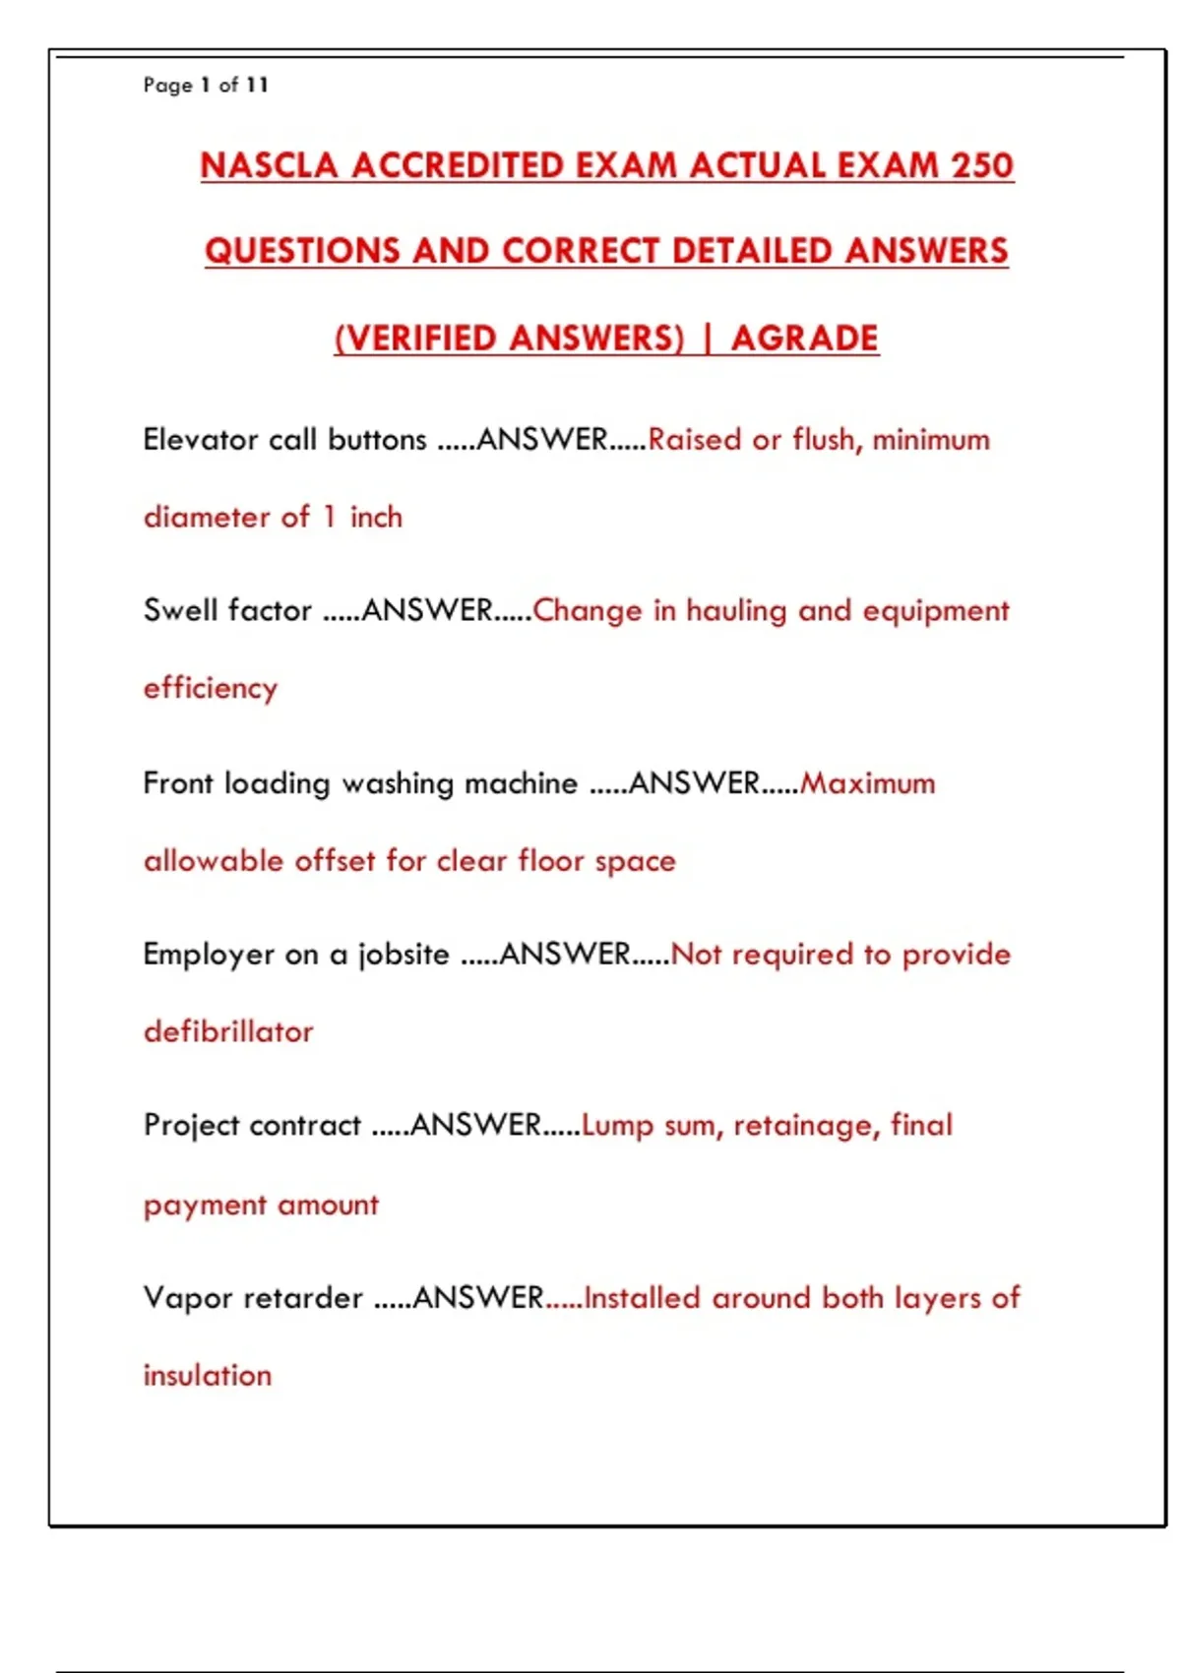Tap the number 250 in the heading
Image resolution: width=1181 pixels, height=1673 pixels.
[982, 165]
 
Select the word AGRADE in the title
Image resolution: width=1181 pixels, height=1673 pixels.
[804, 339]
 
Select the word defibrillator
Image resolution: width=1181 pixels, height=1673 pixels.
[228, 1031]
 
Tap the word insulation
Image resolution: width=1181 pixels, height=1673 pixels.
[208, 1375]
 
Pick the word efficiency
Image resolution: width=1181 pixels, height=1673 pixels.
[211, 688]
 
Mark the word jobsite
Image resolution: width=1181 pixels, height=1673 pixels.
[404, 955]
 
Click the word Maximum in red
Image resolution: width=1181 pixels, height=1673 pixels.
[868, 783]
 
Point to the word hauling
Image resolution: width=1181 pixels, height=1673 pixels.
[736, 611]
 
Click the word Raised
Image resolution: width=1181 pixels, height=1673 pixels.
[694, 439]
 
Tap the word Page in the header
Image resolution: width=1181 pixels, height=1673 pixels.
[167, 85]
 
